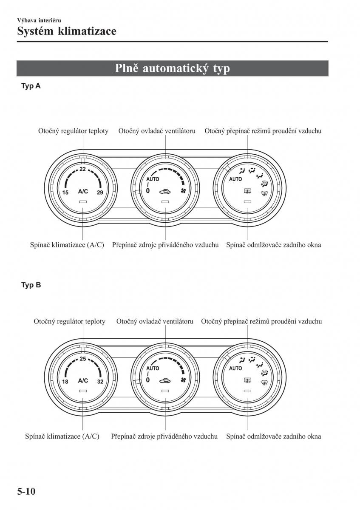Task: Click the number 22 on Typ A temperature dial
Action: point(82,169)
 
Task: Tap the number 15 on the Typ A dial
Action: point(65,193)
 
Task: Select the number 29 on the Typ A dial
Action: point(100,193)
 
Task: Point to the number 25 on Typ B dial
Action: point(83,359)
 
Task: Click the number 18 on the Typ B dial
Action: point(65,382)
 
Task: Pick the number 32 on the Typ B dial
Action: point(100,382)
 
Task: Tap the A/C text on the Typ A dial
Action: point(83,191)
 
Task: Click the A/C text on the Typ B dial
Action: point(83,380)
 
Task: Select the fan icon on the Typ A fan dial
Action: point(184,191)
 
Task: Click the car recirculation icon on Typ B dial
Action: point(165,380)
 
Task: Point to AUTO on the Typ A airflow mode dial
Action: point(235,179)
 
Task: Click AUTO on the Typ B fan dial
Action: point(153,368)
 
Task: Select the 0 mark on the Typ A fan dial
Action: point(148,191)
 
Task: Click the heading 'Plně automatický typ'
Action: point(172,68)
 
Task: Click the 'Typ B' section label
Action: point(31,285)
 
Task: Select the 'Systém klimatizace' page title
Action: point(67,31)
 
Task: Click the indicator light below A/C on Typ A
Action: point(83,201)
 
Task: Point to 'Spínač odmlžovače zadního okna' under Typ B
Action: point(274,436)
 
